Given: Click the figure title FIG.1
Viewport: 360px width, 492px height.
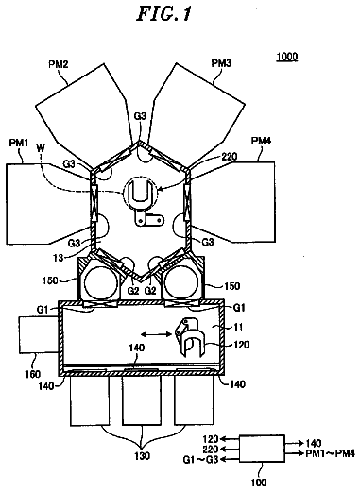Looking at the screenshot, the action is click(x=163, y=14).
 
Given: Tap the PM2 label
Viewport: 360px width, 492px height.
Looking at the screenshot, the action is click(x=59, y=64).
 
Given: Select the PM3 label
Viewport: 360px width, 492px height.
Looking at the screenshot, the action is click(x=221, y=63).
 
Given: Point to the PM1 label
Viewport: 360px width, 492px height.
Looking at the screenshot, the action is click(x=19, y=143).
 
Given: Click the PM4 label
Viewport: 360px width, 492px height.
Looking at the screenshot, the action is click(x=261, y=142).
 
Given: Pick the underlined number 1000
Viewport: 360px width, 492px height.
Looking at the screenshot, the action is click(x=287, y=57).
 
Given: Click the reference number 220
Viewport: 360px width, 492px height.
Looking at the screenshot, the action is click(x=230, y=156).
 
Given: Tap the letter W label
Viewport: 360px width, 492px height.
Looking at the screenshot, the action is click(x=41, y=148).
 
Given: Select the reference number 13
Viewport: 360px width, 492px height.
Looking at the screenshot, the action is click(x=59, y=258).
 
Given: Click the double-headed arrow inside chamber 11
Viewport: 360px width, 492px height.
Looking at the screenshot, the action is click(x=156, y=333).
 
